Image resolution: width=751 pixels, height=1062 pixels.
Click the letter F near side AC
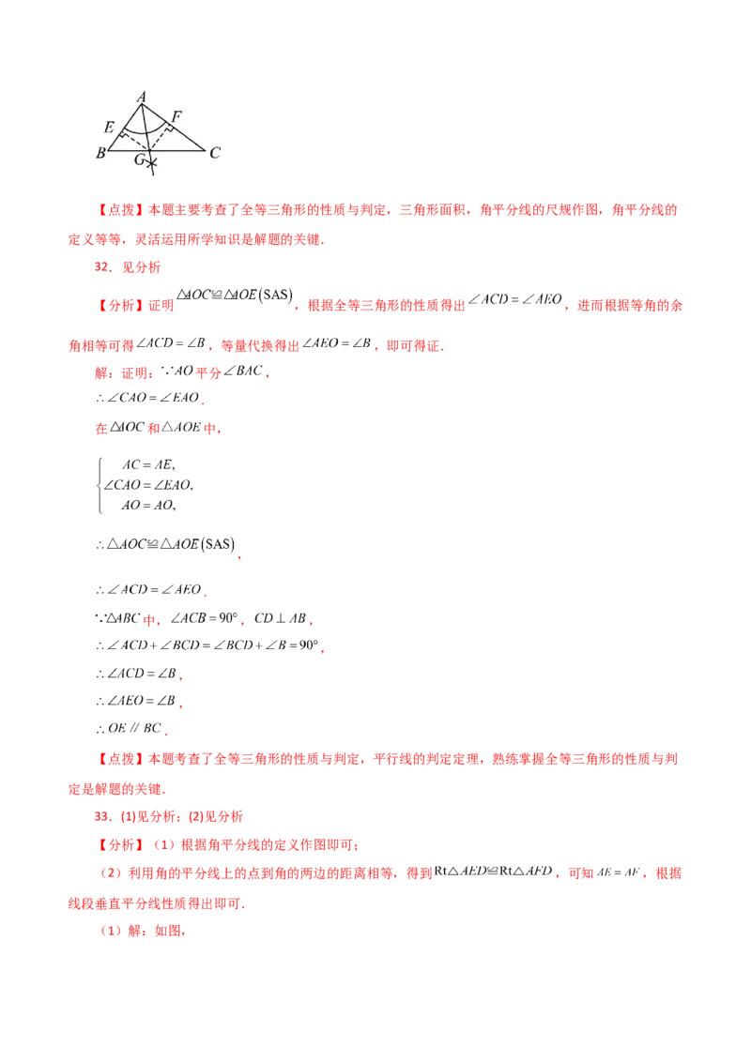point(176,116)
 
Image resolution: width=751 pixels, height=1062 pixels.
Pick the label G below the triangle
point(139,160)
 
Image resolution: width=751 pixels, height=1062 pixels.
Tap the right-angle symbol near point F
point(171,128)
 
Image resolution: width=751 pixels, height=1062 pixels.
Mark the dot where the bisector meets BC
point(149,150)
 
